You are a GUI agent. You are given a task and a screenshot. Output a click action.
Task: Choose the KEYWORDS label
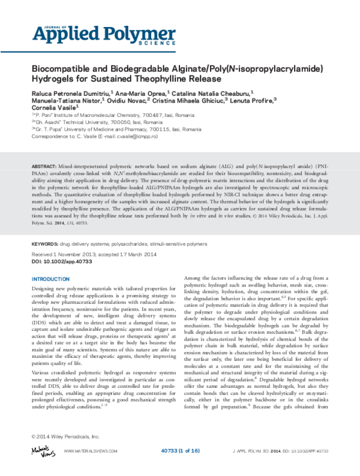(44, 245)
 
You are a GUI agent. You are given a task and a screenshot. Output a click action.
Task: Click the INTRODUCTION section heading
(50, 279)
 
